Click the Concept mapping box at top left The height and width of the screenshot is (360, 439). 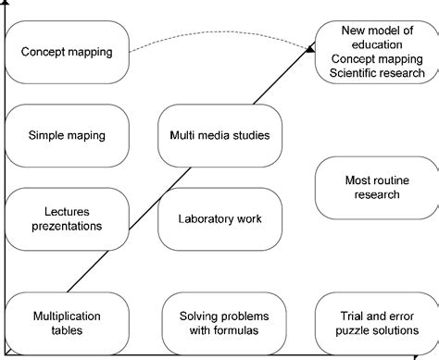[67, 52]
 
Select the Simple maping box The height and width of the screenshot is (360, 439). [67, 135]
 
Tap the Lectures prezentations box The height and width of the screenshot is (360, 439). [67, 218]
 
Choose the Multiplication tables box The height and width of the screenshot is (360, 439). [67, 323]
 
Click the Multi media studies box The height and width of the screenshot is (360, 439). [220, 135]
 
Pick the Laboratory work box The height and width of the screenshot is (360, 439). [220, 219]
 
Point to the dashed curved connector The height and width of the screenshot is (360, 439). [222, 39]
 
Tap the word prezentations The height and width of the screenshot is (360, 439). [67, 226]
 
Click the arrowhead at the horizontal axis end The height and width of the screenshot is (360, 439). [432, 353]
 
